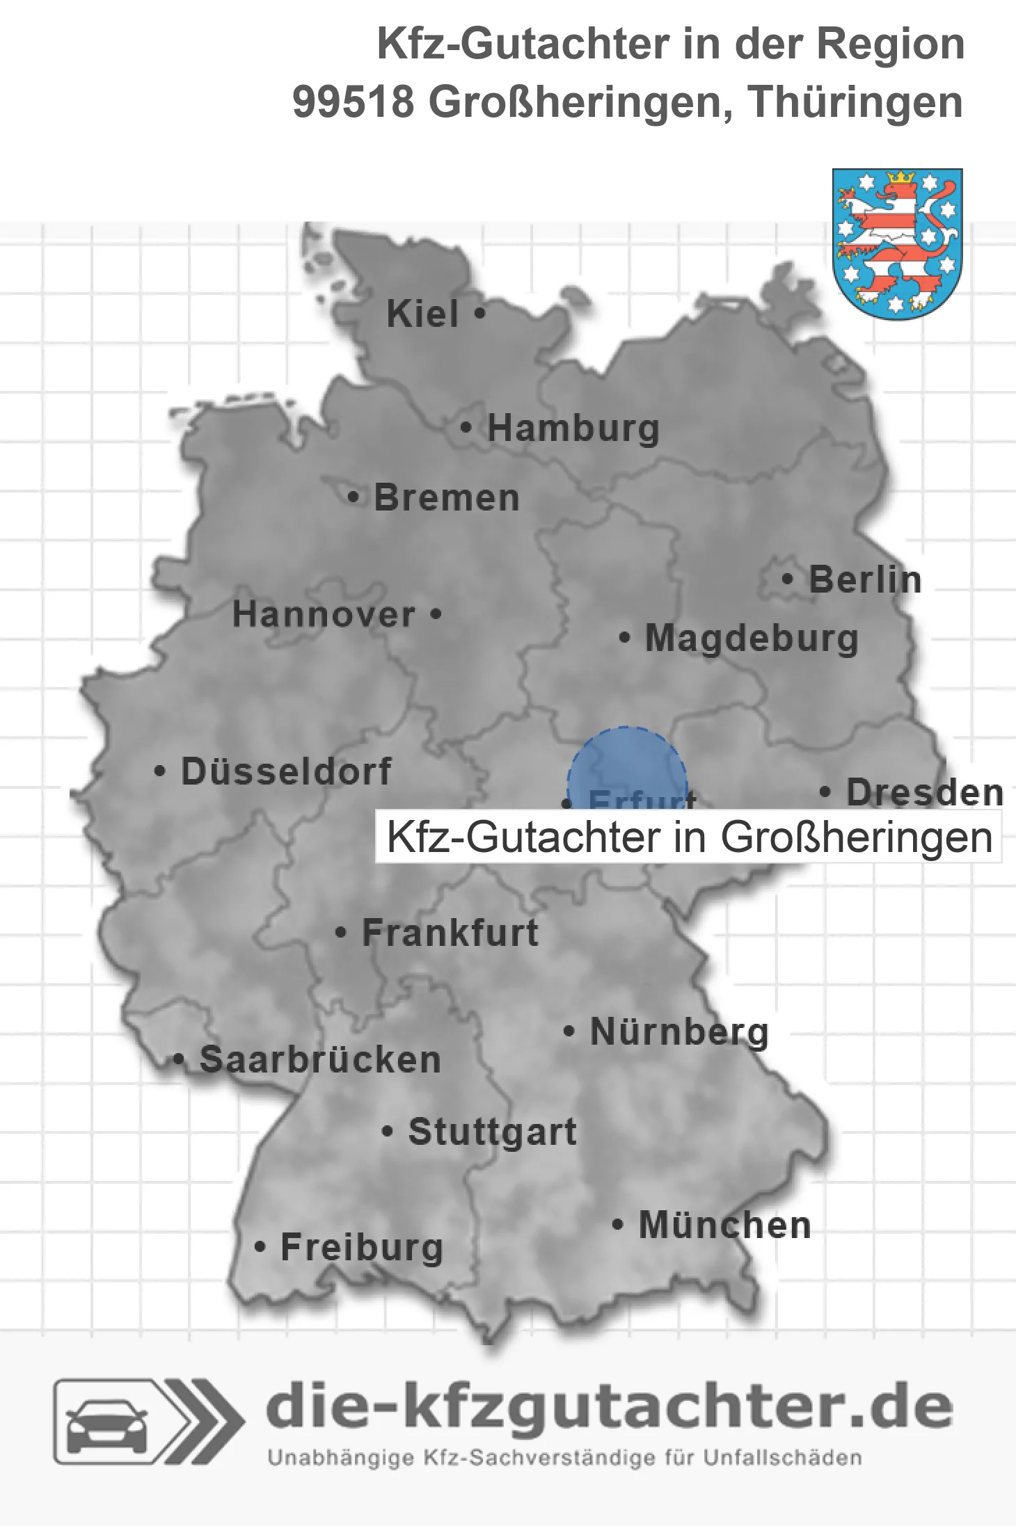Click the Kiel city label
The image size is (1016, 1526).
(x=422, y=314)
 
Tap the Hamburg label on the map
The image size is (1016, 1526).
(x=573, y=428)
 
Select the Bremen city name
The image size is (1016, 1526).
(x=447, y=498)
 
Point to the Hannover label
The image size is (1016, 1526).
(x=324, y=615)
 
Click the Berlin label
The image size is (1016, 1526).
(x=865, y=580)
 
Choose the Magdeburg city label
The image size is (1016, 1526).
(x=752, y=638)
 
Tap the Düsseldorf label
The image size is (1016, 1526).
(x=286, y=771)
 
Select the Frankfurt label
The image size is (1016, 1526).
(x=450, y=933)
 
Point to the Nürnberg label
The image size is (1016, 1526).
(x=679, y=1031)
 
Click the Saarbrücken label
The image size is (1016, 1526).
(x=320, y=1060)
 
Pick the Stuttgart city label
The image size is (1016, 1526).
(x=492, y=1132)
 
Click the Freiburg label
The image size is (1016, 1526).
(x=362, y=1247)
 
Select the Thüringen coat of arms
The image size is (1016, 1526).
(x=897, y=243)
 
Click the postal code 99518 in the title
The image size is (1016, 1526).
(x=353, y=102)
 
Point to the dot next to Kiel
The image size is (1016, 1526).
(x=479, y=314)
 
